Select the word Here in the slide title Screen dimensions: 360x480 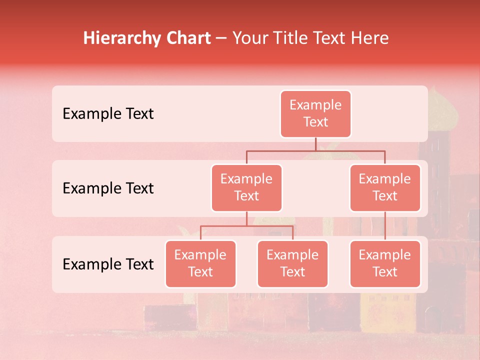point(371,38)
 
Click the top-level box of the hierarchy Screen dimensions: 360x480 point(315,114)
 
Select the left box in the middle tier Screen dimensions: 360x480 point(246,188)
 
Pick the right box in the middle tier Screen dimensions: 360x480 point(385,188)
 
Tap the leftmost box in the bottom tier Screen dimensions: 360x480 point(200,264)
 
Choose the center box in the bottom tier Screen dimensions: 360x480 point(292,264)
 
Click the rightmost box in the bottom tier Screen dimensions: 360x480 point(385,264)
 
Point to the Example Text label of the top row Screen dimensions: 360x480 point(108,114)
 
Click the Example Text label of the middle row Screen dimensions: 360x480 point(108,188)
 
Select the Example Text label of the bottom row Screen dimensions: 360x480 point(108,264)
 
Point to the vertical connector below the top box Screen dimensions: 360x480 point(315,144)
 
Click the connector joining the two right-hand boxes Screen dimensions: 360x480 point(385,226)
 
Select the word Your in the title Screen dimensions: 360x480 point(249,38)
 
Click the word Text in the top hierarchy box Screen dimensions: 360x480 point(315,122)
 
